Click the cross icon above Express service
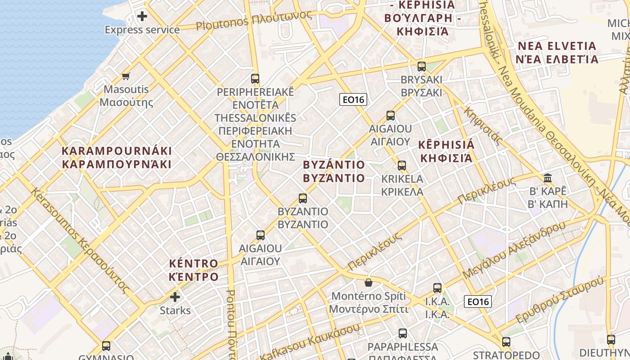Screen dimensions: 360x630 point(142,17)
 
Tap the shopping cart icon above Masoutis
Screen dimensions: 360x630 point(126,76)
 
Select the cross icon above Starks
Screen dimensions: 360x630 point(175,297)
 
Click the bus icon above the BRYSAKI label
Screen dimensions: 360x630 point(422,67)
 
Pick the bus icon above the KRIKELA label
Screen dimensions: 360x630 point(402,166)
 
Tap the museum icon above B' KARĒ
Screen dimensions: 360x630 point(548,178)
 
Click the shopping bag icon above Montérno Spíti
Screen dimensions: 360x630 point(369,283)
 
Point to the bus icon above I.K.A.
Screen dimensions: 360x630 point(437,288)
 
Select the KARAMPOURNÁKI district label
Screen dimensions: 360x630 point(117,157)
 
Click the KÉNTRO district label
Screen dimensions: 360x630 point(193,270)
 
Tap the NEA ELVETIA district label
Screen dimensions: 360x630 point(557,53)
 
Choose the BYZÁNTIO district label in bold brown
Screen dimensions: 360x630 point(334,171)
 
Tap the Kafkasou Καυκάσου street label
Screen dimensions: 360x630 point(310,342)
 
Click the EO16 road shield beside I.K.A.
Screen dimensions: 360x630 point(478,301)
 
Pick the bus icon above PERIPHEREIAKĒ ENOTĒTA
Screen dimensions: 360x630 point(255,79)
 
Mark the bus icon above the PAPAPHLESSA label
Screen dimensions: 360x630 point(403,333)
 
